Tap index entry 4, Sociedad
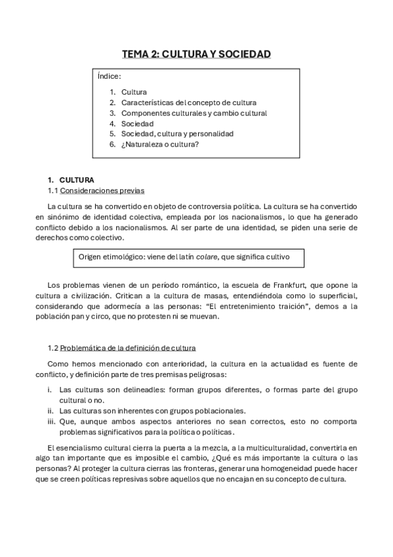click(x=137, y=123)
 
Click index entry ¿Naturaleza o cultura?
click(x=160, y=145)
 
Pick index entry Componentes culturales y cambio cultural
click(x=194, y=113)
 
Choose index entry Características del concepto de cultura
click(x=188, y=102)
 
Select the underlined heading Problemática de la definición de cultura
click(x=128, y=347)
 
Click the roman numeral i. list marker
click(x=50, y=390)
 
